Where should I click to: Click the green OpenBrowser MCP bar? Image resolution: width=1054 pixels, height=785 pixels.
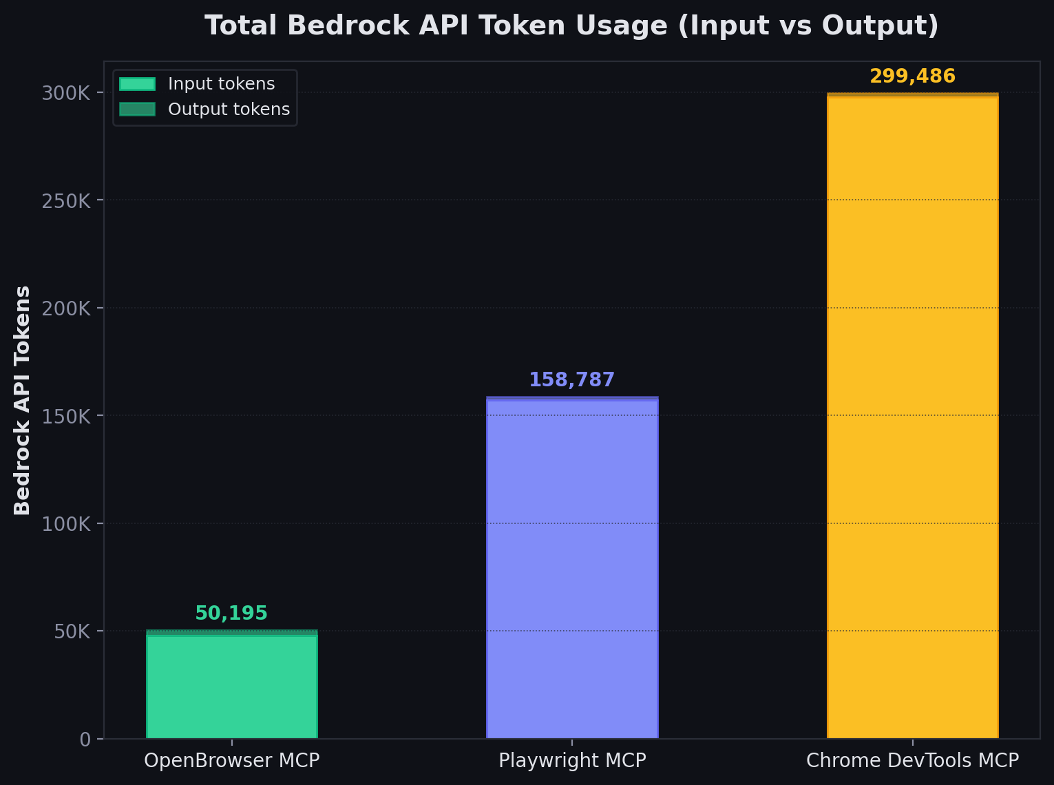[x=231, y=685]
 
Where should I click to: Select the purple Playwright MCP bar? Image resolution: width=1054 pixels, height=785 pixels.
[x=572, y=568]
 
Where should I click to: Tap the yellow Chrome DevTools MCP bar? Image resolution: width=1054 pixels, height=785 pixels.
[x=912, y=417]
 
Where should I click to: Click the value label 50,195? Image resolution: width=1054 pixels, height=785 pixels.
[x=231, y=613]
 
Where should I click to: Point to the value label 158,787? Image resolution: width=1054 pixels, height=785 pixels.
[x=571, y=379]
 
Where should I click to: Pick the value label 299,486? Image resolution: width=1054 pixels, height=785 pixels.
[x=912, y=76]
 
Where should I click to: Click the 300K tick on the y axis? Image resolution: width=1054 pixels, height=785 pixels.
[x=66, y=93]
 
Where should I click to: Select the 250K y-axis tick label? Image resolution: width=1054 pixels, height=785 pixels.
[x=66, y=201]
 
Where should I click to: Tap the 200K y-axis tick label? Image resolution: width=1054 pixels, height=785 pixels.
[x=66, y=308]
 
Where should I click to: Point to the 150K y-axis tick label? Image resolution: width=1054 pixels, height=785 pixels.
[x=66, y=417]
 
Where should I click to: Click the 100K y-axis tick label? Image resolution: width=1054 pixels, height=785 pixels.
[x=66, y=524]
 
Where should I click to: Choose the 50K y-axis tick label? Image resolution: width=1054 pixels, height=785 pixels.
[x=72, y=631]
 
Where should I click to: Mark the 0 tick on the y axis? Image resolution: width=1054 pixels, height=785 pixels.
[x=85, y=740]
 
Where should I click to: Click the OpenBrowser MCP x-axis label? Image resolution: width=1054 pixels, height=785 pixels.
[x=231, y=760]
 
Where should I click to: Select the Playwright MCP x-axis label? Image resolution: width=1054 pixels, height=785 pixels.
[x=572, y=760]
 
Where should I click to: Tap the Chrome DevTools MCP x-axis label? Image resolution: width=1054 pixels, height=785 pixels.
[x=912, y=760]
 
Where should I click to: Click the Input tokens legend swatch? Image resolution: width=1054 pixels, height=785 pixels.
[x=137, y=84]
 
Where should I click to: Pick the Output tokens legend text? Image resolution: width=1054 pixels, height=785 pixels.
[x=229, y=109]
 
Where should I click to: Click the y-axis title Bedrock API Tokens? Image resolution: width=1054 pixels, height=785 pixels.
[x=23, y=400]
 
